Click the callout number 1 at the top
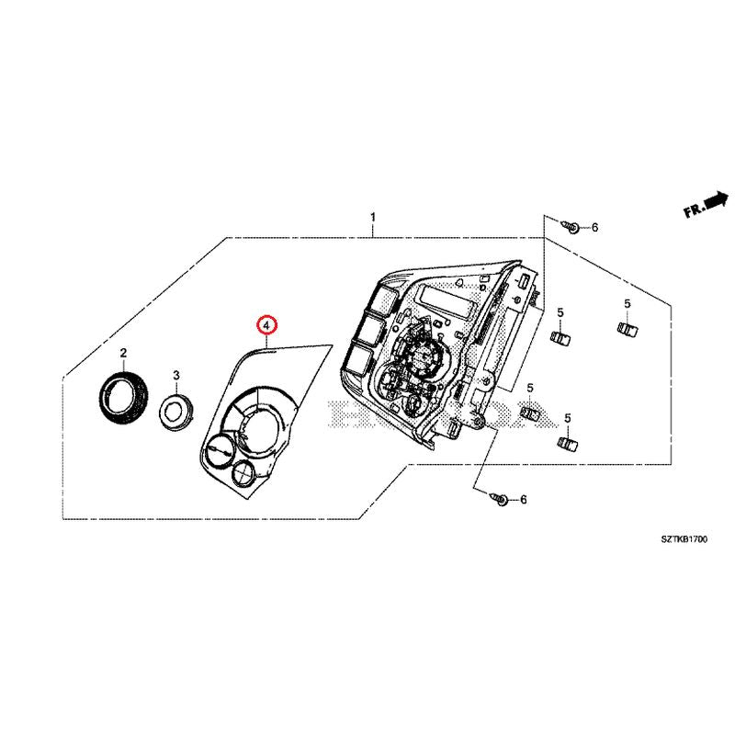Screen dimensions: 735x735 tap(372, 217)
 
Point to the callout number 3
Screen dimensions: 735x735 tap(175, 375)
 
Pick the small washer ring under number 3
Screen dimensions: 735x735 tap(175, 410)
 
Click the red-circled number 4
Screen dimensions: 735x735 tap(265, 325)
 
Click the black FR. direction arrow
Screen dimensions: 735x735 tap(715, 201)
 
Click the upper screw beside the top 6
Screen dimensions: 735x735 tap(571, 225)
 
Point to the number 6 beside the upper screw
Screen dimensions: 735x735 tap(594, 227)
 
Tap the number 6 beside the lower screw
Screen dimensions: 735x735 tap(524, 500)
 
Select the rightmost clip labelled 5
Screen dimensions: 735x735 tap(628, 328)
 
